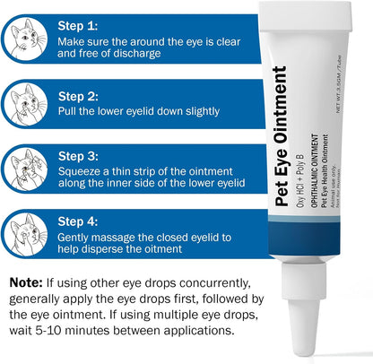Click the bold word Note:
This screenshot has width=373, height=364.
pyautogui.click(x=30, y=282)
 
